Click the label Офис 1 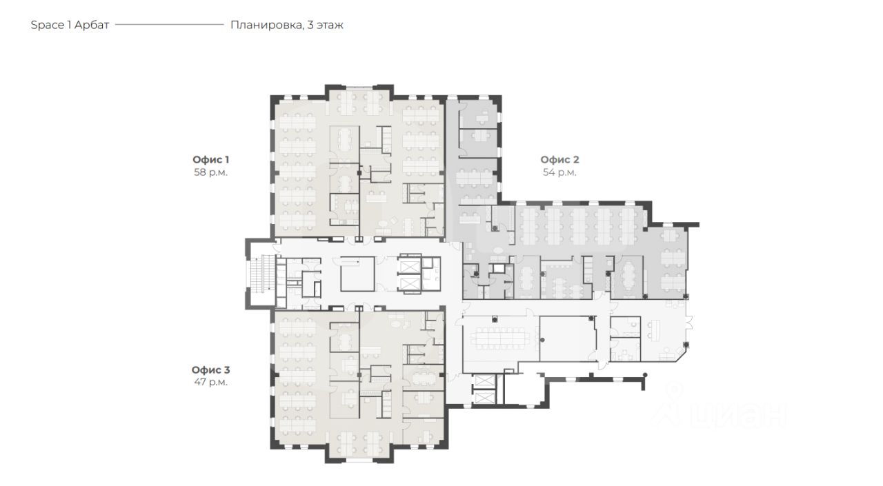coord(210,159)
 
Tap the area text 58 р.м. coord(210,172)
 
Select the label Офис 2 coord(559,159)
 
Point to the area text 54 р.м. coord(559,172)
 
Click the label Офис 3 coord(210,369)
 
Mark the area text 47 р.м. coord(210,382)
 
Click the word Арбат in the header coord(92,26)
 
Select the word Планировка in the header coord(267,26)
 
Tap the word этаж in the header coord(330,26)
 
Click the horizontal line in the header coord(170,24)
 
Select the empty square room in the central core coord(357,274)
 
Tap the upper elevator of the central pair coord(410,266)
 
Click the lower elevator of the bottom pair coord(484,398)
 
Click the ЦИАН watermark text coord(737,414)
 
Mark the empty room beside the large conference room coord(568,338)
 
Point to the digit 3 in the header coord(310,26)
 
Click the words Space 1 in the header coord(51,26)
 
